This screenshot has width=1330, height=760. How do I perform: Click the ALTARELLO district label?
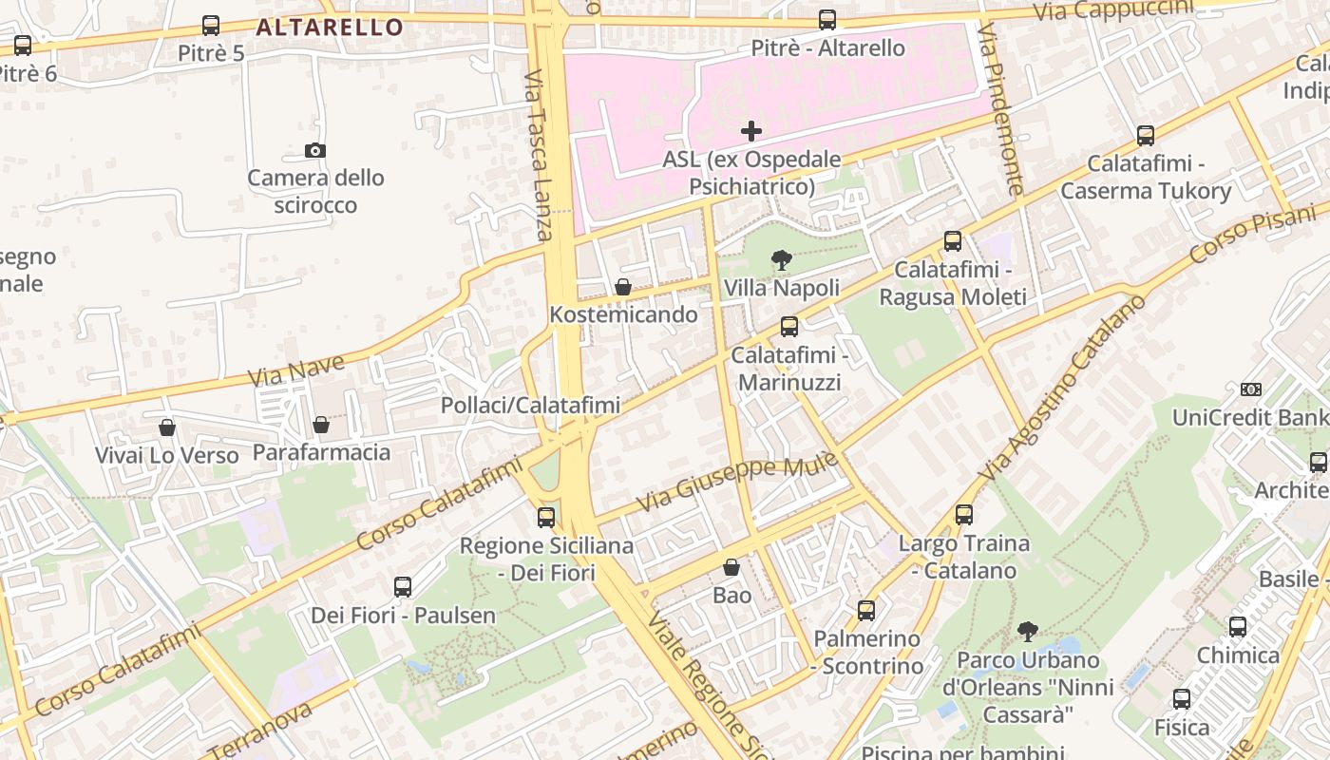click(x=330, y=27)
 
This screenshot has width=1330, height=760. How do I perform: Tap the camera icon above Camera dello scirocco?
click(x=315, y=150)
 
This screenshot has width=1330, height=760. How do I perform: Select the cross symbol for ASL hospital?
click(x=751, y=131)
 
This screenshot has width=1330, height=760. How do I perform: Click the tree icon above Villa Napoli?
click(x=782, y=259)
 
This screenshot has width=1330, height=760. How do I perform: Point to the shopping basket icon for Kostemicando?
click(x=623, y=287)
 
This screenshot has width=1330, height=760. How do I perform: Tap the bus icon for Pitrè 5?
click(x=211, y=26)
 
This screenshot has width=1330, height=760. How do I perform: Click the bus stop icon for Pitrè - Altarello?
click(x=827, y=20)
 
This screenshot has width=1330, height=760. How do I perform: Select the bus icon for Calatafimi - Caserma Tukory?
click(x=1146, y=136)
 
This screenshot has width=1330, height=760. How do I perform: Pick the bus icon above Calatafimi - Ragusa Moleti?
click(x=953, y=241)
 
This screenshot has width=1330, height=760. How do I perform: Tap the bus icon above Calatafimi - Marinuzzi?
click(x=789, y=327)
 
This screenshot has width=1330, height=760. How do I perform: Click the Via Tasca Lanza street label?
click(x=538, y=156)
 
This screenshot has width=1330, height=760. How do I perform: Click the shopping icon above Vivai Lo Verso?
click(x=167, y=427)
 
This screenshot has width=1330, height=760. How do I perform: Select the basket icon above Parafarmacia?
click(x=321, y=424)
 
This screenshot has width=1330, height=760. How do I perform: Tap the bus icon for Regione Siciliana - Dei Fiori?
click(x=546, y=518)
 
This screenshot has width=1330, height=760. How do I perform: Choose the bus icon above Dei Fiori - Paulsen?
click(x=403, y=587)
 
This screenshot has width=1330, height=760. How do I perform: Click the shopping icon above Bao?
click(x=731, y=567)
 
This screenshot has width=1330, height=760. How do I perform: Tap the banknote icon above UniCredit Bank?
click(x=1251, y=389)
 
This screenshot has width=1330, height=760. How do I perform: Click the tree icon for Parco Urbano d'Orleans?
click(x=1027, y=631)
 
